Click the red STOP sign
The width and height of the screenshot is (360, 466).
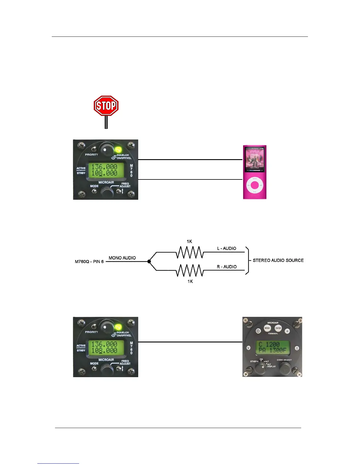click(x=106, y=106)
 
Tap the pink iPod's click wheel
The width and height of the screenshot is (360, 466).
click(x=255, y=185)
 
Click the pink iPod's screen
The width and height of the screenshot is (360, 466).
click(x=254, y=159)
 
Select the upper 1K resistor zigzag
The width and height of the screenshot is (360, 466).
click(x=190, y=252)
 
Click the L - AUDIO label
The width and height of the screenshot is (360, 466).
click(x=226, y=248)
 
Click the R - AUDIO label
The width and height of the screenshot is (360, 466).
click(x=226, y=267)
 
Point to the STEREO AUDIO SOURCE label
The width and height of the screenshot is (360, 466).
click(x=278, y=260)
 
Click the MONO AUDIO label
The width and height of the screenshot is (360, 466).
click(x=122, y=258)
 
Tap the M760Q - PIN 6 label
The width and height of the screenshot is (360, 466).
click(x=89, y=262)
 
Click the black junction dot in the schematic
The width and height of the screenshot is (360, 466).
click(x=149, y=261)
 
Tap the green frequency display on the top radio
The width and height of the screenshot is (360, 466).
click(x=104, y=170)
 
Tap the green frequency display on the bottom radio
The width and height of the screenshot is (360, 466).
click(x=104, y=347)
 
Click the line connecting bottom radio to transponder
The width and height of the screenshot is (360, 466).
click(x=190, y=342)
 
